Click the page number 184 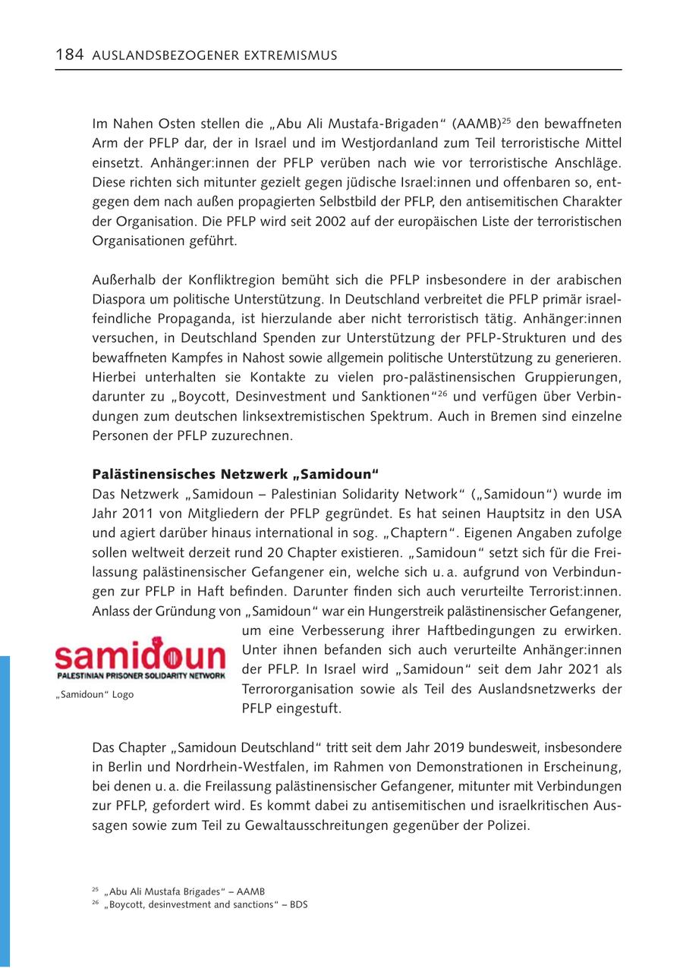tap(69, 55)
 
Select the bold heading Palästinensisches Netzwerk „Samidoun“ tap(235, 475)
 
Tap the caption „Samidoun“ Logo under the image tap(93, 695)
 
